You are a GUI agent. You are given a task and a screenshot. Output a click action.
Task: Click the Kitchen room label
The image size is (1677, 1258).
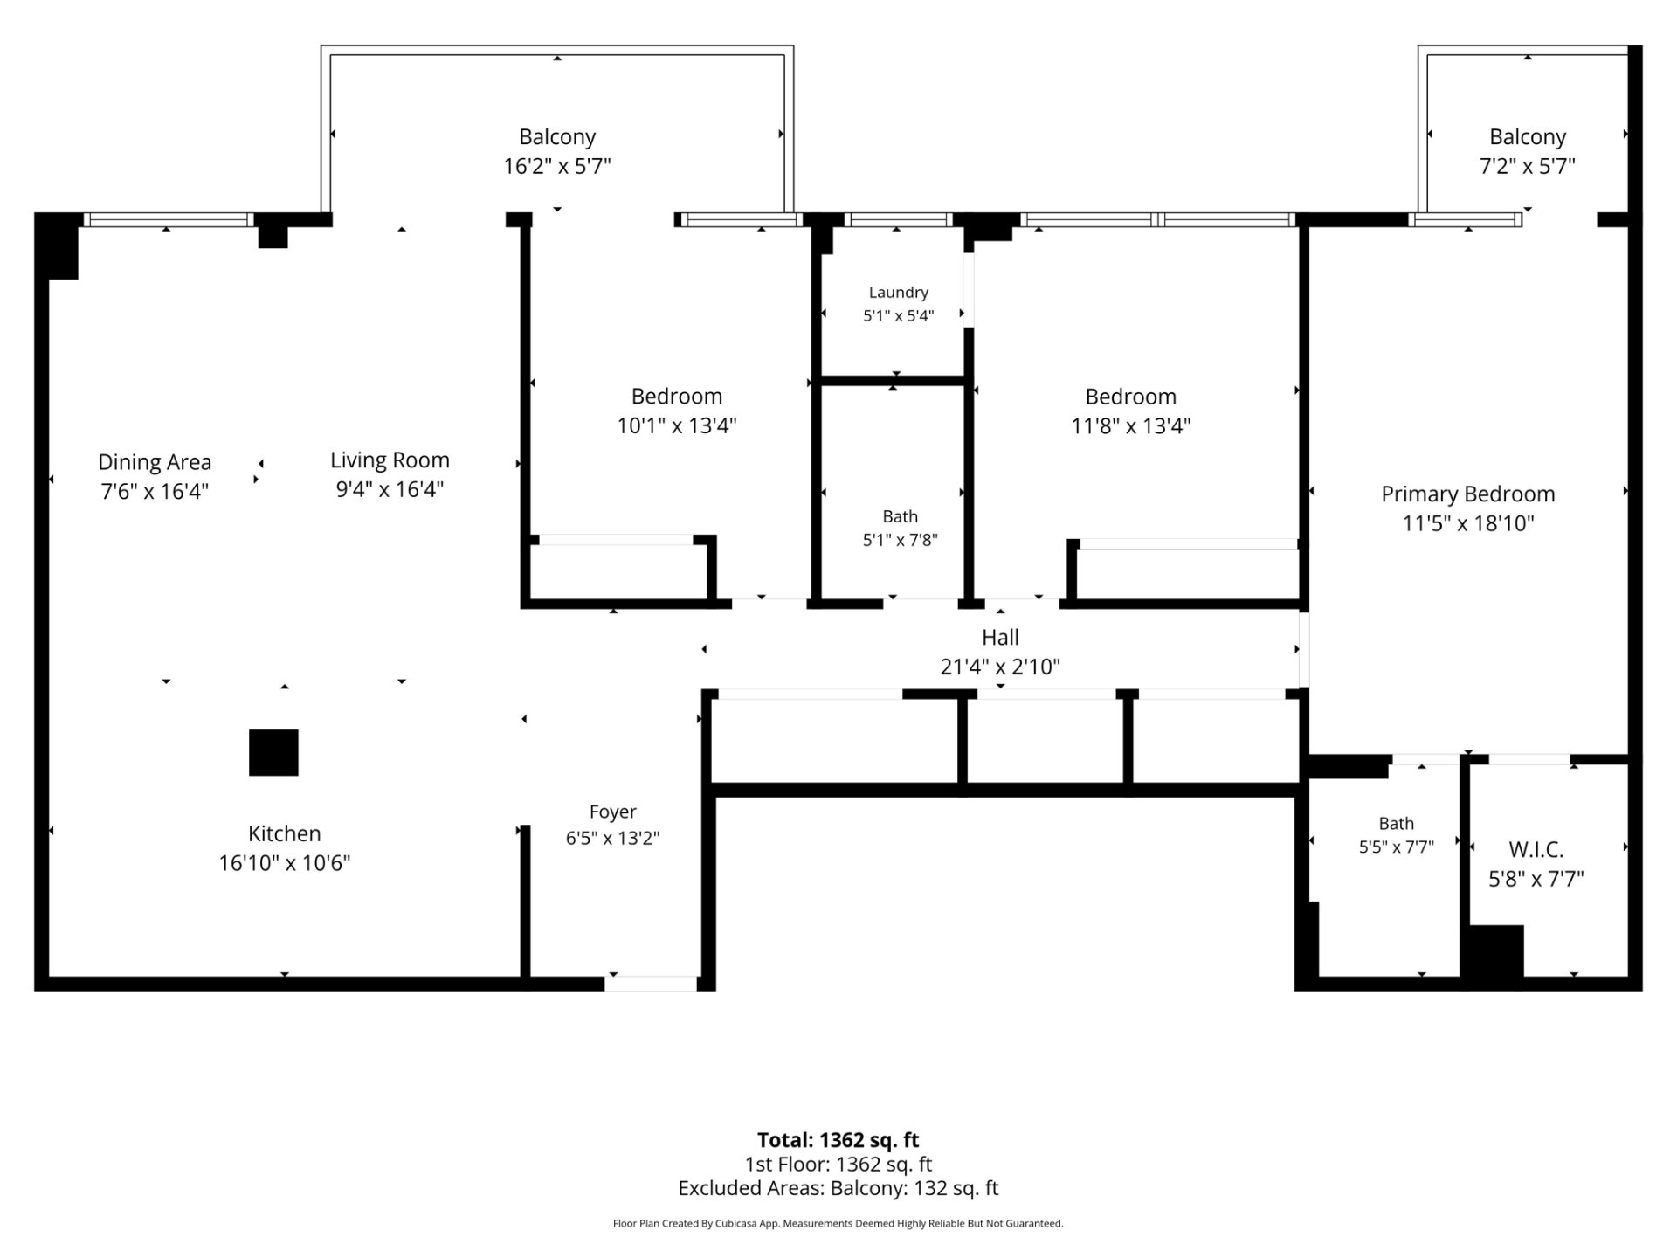284,833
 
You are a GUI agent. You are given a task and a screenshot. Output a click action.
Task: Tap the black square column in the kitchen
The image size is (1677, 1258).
273,752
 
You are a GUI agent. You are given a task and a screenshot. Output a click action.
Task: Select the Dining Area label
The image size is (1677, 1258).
155,461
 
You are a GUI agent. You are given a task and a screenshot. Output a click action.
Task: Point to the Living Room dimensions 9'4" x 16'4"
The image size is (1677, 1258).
390,489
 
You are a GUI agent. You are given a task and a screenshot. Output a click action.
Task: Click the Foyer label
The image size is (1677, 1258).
612,812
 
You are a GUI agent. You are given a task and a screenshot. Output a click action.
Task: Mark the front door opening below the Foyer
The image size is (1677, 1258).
651,983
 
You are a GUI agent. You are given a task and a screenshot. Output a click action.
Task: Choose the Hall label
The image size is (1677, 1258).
1000,638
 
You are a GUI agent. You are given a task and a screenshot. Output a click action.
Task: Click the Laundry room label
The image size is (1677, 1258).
898,293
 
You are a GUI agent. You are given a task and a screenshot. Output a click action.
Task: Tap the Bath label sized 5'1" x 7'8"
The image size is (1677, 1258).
900,516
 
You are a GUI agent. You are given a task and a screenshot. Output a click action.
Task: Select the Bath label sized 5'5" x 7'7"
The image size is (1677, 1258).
1396,823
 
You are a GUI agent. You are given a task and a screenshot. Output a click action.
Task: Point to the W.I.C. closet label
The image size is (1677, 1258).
1536,849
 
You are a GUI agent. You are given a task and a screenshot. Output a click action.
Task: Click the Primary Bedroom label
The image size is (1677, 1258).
1467,494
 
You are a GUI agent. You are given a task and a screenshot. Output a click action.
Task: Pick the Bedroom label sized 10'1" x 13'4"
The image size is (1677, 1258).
677,397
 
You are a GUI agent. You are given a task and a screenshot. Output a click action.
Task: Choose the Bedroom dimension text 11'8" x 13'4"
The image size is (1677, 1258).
1130,426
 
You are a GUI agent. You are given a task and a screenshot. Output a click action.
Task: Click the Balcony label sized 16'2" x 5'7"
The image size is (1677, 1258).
557,137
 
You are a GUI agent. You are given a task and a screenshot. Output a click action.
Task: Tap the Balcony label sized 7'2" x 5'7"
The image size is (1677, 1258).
1527,137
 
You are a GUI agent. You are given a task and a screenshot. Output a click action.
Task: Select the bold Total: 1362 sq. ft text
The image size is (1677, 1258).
838,1140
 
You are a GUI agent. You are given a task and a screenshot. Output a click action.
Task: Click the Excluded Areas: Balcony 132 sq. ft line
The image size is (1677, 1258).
838,1188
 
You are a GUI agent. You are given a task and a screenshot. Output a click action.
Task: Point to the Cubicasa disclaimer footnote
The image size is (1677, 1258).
838,1224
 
